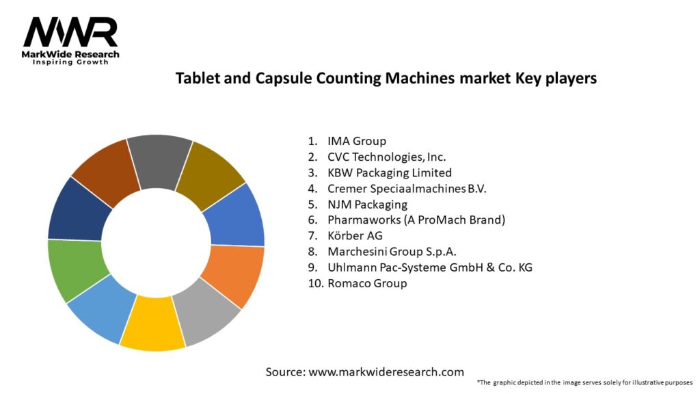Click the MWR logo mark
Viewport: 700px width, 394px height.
pyautogui.click(x=70, y=32)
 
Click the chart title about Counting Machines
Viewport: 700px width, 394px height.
pyautogui.click(x=386, y=78)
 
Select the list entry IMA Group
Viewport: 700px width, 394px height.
pyautogui.click(x=356, y=141)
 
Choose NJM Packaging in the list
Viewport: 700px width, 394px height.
pyautogui.click(x=367, y=204)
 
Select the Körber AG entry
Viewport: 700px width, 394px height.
pyautogui.click(x=354, y=235)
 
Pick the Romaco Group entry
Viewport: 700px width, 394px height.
pyautogui.click(x=367, y=283)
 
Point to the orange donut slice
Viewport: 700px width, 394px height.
pyautogui.click(x=233, y=275)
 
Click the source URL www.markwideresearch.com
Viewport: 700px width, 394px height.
pyautogui.click(x=385, y=372)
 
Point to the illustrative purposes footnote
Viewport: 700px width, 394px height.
pyautogui.click(x=584, y=382)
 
